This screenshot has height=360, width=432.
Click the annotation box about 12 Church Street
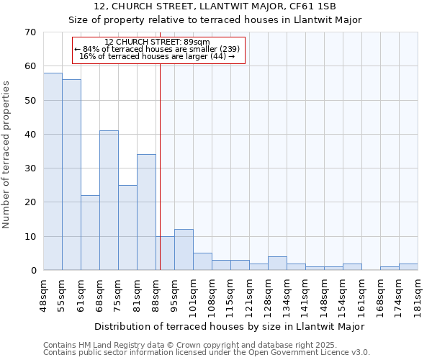point(159,49)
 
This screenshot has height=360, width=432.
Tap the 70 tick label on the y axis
point(30,32)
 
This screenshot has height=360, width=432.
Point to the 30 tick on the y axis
point(30,168)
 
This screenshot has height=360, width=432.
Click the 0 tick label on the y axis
point(32,271)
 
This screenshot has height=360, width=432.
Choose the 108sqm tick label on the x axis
point(212,293)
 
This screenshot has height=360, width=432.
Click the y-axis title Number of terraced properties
point(7,154)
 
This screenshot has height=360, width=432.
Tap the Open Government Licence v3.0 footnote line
point(207,353)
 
